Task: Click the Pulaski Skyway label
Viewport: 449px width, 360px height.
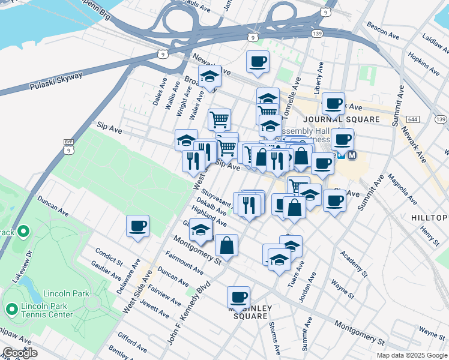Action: pyautogui.click(x=57, y=80)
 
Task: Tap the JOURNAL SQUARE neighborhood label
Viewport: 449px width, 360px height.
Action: pyautogui.click(x=342, y=119)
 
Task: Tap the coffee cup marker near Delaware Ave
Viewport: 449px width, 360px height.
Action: pyautogui.click(x=138, y=226)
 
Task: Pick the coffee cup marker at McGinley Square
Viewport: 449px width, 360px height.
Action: pyautogui.click(x=238, y=297)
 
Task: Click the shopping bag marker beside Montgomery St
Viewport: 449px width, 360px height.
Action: pyautogui.click(x=226, y=245)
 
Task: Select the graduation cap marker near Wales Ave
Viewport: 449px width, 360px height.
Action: pyautogui.click(x=209, y=77)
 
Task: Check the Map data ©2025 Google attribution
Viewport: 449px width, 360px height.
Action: pyautogui.click(x=412, y=355)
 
